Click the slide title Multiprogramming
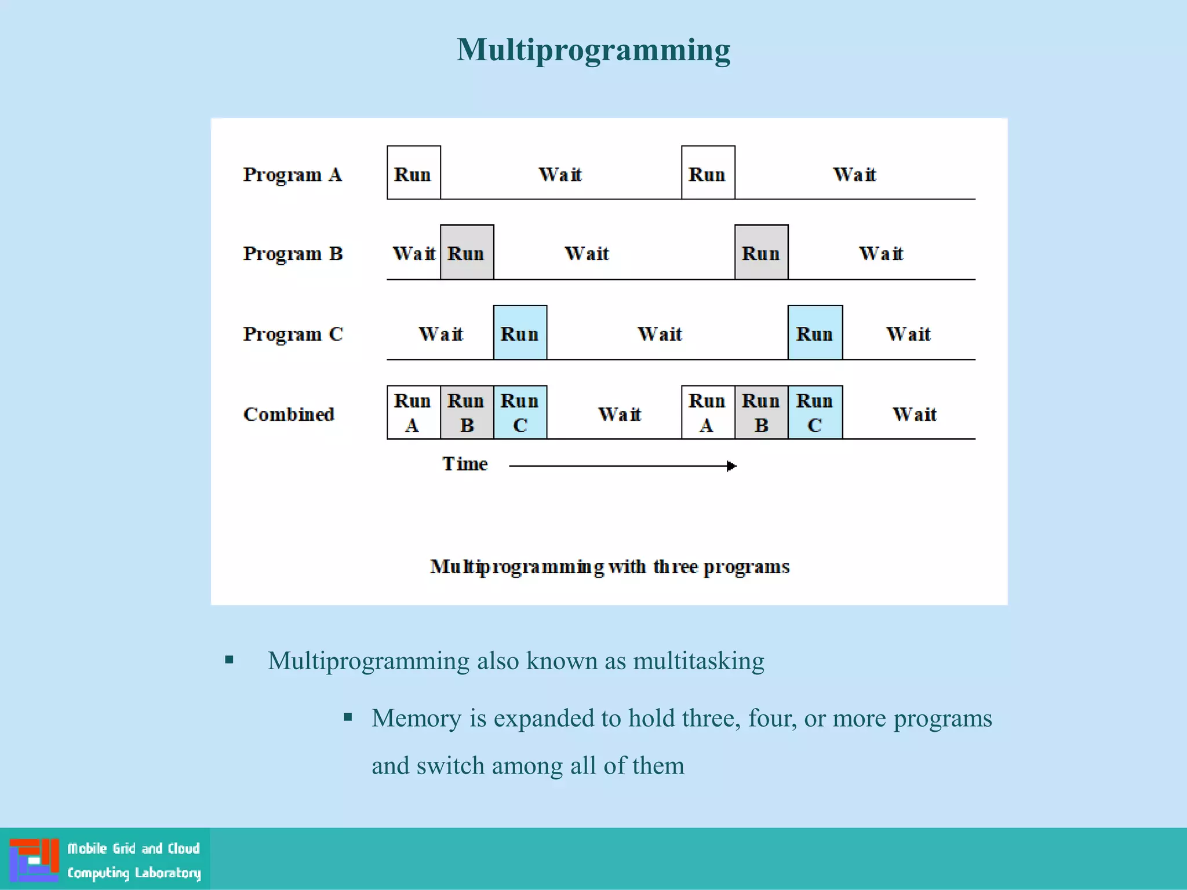click(x=593, y=50)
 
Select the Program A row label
click(x=292, y=174)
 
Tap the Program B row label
click(x=293, y=254)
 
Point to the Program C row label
click(x=293, y=334)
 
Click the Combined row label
click(x=289, y=414)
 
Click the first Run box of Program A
click(x=413, y=173)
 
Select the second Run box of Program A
click(x=708, y=173)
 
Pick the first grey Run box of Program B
click(x=467, y=253)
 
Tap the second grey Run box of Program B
click(x=761, y=253)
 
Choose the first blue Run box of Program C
click(x=520, y=333)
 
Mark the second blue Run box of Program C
click(x=815, y=333)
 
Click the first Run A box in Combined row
click(x=413, y=413)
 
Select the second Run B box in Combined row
click(x=761, y=413)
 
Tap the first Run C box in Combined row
click(x=520, y=413)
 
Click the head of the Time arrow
click(x=732, y=466)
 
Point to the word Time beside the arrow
click(x=465, y=464)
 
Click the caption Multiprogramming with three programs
click(x=609, y=567)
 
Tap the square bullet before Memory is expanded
click(x=348, y=717)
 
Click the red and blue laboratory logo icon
click(x=34, y=860)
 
